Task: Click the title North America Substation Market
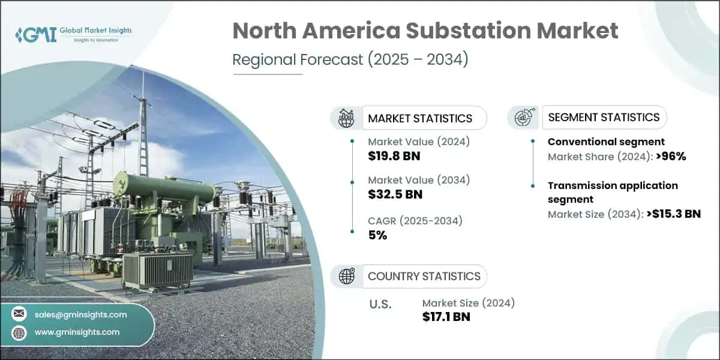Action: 425,31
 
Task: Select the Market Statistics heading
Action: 420,118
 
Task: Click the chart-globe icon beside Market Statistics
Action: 346,118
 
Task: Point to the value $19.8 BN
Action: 394,156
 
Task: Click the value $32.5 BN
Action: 395,194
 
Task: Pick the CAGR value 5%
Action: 377,235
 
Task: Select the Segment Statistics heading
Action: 603,117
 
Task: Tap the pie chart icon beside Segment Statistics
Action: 523,118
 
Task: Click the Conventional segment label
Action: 606,142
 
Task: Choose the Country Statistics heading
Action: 424,276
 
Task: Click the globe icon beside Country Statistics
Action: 346,276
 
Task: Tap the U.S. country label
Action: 380,304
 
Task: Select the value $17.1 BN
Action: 446,317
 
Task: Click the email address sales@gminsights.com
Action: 80,314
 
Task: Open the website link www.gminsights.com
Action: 77,332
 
